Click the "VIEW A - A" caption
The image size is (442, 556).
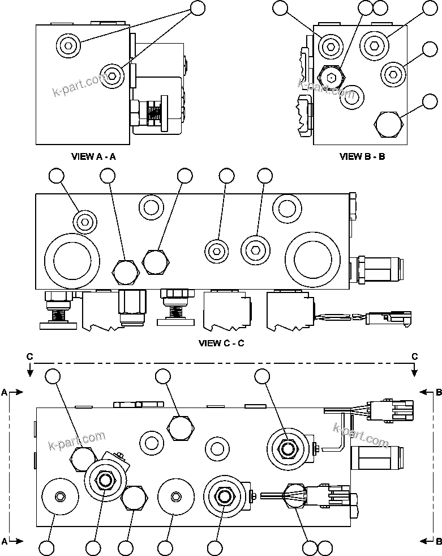93,156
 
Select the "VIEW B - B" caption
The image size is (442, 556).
362,156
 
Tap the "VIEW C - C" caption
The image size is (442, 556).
221,343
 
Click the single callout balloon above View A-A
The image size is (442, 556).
196,8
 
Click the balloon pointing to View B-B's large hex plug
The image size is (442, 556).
430,102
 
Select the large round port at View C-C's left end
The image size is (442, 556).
72,260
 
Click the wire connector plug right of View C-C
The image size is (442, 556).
388,317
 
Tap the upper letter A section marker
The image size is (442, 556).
5,392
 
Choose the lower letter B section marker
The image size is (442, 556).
438,541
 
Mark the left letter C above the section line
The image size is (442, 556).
29,356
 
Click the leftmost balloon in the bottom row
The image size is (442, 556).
47,547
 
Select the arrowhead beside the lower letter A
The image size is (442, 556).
19,541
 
